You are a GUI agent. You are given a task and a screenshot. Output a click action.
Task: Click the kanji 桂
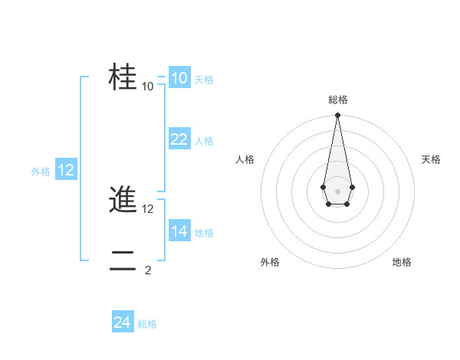123,77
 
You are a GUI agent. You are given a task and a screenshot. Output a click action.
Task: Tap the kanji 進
123,200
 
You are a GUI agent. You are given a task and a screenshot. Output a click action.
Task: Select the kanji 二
123,261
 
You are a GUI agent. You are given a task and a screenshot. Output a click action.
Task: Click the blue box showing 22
179,139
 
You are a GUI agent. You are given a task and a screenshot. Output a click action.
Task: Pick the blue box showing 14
179,231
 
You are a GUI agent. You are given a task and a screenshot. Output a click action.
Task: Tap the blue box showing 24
123,322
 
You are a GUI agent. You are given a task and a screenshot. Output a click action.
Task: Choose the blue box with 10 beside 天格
179,77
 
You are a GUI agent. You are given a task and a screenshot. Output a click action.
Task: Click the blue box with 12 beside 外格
66,170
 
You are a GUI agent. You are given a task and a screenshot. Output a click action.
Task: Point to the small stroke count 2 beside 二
148,270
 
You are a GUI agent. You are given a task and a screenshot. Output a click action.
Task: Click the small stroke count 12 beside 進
148,208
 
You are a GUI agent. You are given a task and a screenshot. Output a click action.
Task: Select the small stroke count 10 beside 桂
148,86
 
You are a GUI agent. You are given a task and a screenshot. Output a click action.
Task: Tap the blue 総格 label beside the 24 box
147,324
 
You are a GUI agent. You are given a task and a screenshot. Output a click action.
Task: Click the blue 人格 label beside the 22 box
204,141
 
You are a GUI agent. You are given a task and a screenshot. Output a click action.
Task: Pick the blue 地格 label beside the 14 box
204,233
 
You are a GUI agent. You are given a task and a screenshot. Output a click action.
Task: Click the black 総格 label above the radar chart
337,100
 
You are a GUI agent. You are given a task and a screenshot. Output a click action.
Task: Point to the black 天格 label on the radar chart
432,159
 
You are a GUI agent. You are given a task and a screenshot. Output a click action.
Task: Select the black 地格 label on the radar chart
402,263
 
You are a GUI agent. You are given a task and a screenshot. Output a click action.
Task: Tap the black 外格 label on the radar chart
270,263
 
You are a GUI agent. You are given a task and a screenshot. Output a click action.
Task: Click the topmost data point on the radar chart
337,116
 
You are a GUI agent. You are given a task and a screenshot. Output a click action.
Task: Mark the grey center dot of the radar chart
337,191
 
